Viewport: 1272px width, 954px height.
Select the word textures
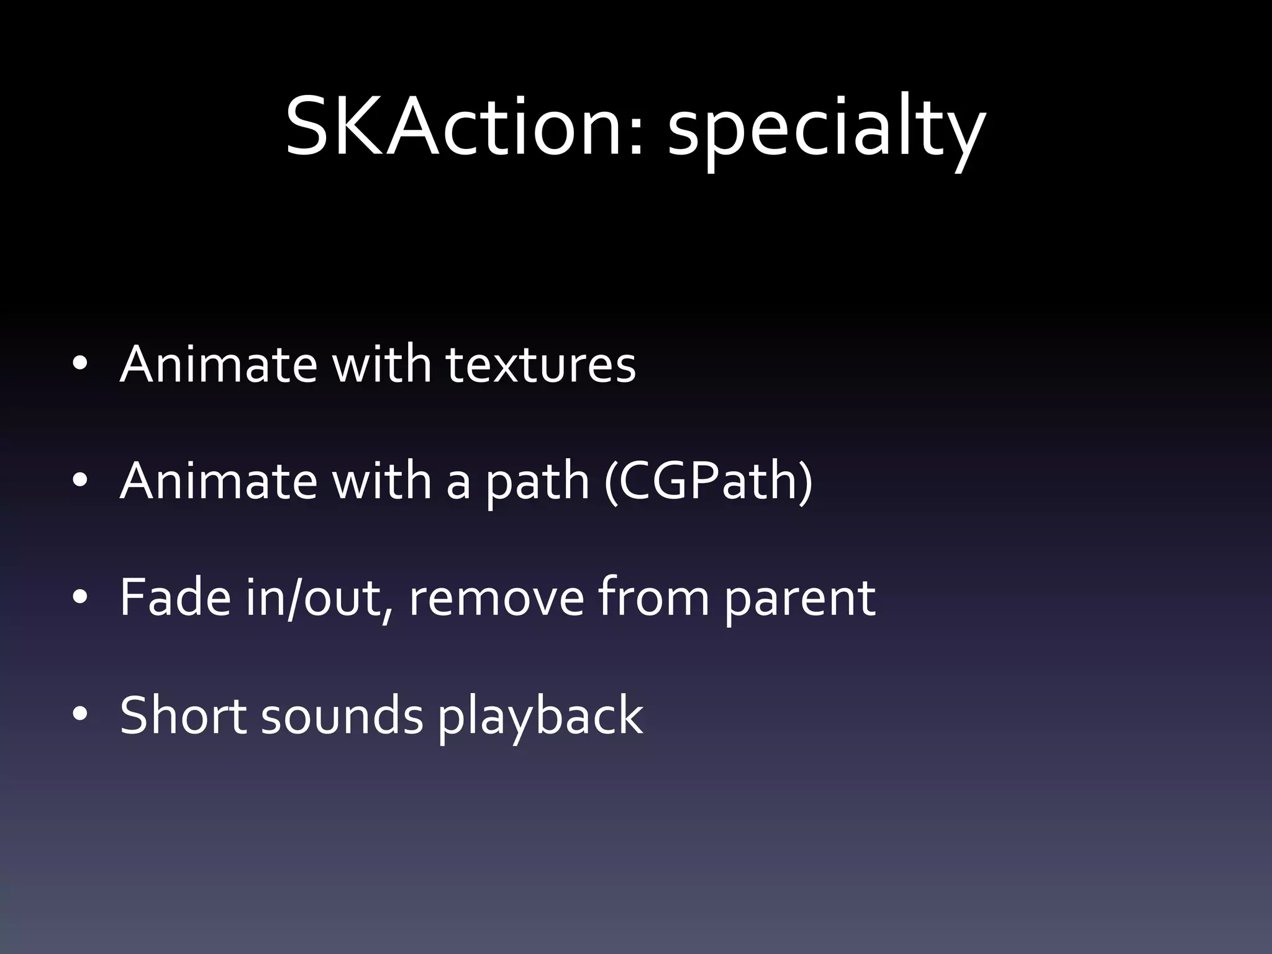[x=540, y=365]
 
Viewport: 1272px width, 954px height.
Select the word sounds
[x=342, y=715]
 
